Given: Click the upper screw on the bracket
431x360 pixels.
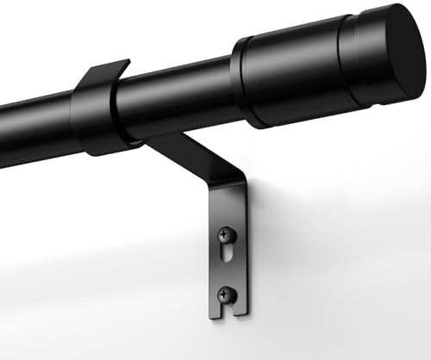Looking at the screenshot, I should (x=225, y=233).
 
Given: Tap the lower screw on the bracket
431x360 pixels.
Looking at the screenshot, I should (x=224, y=293).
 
